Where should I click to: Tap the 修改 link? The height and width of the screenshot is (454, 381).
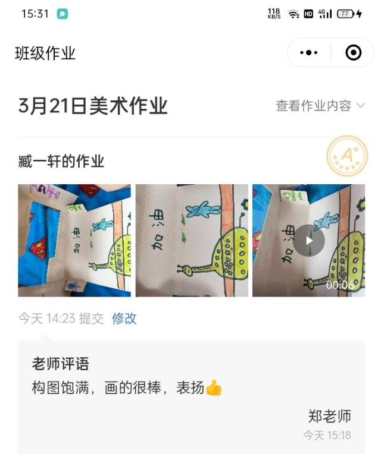pyautogui.click(x=124, y=319)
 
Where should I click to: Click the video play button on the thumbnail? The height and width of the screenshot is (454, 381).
pyautogui.click(x=308, y=240)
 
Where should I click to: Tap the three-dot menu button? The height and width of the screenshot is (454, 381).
pyautogui.click(x=309, y=53)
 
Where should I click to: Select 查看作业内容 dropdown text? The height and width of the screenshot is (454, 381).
pyautogui.click(x=313, y=106)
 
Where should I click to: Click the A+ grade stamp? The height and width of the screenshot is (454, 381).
pyautogui.click(x=347, y=156)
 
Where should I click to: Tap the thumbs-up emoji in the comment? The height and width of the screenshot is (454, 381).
pyautogui.click(x=214, y=388)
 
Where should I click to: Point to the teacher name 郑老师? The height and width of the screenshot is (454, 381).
pyautogui.click(x=329, y=416)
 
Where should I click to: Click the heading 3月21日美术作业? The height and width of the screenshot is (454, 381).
pyautogui.click(x=93, y=106)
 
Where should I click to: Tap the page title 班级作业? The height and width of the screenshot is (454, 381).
pyautogui.click(x=45, y=53)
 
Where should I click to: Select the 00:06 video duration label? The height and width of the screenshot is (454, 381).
pyautogui.click(x=340, y=285)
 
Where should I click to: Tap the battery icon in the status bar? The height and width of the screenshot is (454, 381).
pyautogui.click(x=346, y=14)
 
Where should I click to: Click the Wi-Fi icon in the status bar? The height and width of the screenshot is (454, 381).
pyautogui.click(x=293, y=14)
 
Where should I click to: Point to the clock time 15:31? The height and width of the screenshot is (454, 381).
pyautogui.click(x=35, y=14)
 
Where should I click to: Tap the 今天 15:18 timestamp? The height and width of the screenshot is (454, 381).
pyautogui.click(x=327, y=436)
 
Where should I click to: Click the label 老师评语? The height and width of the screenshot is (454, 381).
pyautogui.click(x=60, y=364)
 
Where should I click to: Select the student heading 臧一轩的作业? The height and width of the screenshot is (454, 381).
pyautogui.click(x=61, y=160)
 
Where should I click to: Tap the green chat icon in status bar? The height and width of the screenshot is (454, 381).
pyautogui.click(x=63, y=14)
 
